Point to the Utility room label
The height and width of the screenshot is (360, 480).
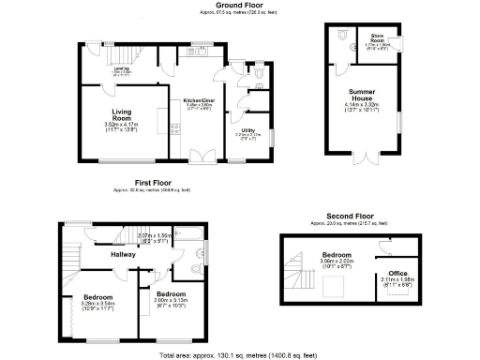click(248, 130)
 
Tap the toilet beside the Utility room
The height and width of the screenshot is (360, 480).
click(258, 70)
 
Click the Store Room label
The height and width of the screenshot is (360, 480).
click(377, 38)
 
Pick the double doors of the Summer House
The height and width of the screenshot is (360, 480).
click(360, 151)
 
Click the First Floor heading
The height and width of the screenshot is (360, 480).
click(156, 182)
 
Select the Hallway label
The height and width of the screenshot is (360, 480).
click(124, 254)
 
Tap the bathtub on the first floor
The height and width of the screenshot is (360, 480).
click(176, 235)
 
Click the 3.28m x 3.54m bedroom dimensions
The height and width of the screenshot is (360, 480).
click(98, 304)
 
